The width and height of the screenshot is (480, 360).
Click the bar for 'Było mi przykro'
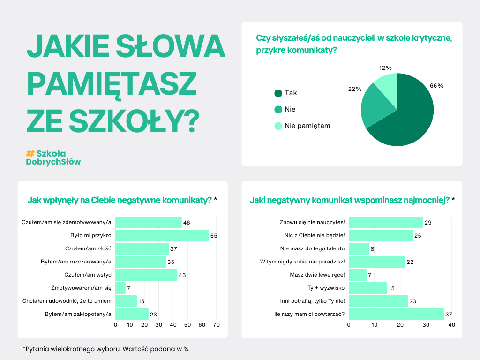(162, 235)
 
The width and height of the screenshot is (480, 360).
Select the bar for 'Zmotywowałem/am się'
(120, 288)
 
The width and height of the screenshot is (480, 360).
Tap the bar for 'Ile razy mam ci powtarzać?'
(396, 314)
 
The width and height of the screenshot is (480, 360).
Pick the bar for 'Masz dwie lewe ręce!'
(358, 275)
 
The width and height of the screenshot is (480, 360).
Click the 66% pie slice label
(436, 86)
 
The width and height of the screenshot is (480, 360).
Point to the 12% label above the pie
(385, 68)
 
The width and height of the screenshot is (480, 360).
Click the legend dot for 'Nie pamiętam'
(278, 126)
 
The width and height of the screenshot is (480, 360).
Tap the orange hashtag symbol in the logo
(30, 153)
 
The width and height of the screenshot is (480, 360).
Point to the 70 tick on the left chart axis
(217, 325)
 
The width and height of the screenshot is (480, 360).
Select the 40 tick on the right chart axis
(451, 325)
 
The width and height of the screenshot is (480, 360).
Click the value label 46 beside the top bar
(186, 222)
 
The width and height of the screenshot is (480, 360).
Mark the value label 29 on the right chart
(428, 222)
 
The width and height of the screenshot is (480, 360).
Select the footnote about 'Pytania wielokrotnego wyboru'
(106, 349)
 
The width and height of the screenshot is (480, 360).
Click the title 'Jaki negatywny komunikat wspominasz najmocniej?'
(349, 200)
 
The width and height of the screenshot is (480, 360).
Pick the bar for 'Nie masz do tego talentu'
(359, 248)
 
